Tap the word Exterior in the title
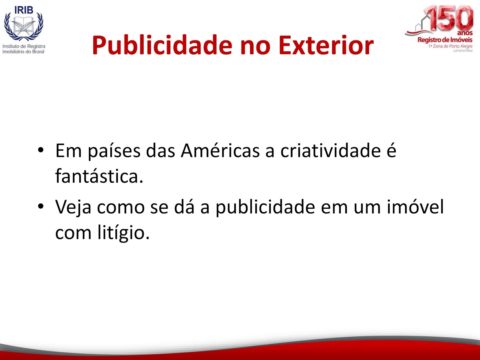coord(326,45)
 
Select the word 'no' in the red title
coord(255,47)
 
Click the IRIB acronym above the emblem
coord(24,10)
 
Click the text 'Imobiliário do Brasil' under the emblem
coord(23,52)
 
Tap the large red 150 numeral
coord(449,18)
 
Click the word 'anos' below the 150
coord(465,33)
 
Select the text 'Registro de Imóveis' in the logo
coord(445,40)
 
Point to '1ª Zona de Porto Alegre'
coord(451,46)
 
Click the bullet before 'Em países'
coord(41,150)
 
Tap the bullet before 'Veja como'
coord(41,206)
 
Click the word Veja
coord(73,207)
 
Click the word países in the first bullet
coord(114,151)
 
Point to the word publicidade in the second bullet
coord(265,207)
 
